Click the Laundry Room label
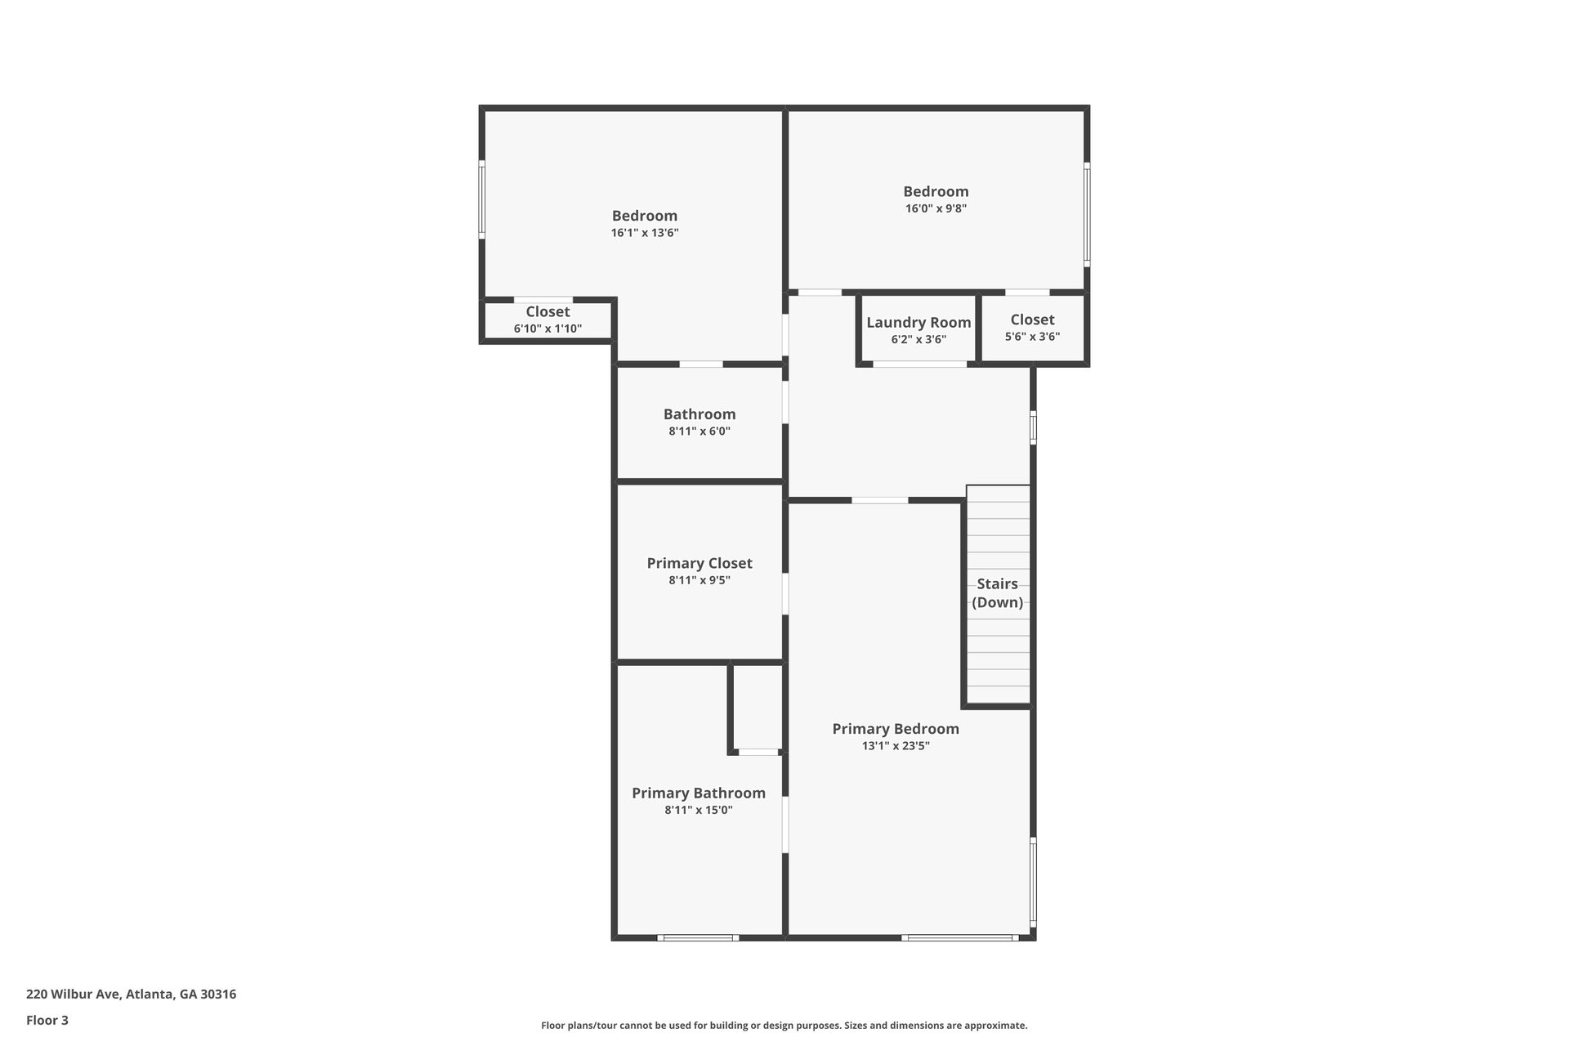click(x=919, y=323)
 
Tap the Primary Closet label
click(x=700, y=563)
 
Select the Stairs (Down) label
click(x=998, y=593)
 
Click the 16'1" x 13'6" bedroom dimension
click(x=645, y=233)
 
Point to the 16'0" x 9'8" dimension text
click(x=936, y=208)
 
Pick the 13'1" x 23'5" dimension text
click(x=896, y=746)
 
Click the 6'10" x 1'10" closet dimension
click(x=548, y=329)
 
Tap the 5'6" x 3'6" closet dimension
click(x=1032, y=337)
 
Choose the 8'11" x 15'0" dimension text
click(x=699, y=811)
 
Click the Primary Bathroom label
click(x=699, y=793)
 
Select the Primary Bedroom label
click(x=896, y=729)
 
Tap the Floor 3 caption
click(x=47, y=1020)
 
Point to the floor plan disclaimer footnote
click(x=784, y=1026)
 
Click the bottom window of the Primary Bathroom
click(x=698, y=937)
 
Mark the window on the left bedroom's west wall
click(x=482, y=199)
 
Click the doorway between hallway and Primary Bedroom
click(x=880, y=500)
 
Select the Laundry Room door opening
click(x=919, y=364)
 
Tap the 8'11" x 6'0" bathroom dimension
click(x=700, y=431)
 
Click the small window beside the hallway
click(x=1033, y=427)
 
